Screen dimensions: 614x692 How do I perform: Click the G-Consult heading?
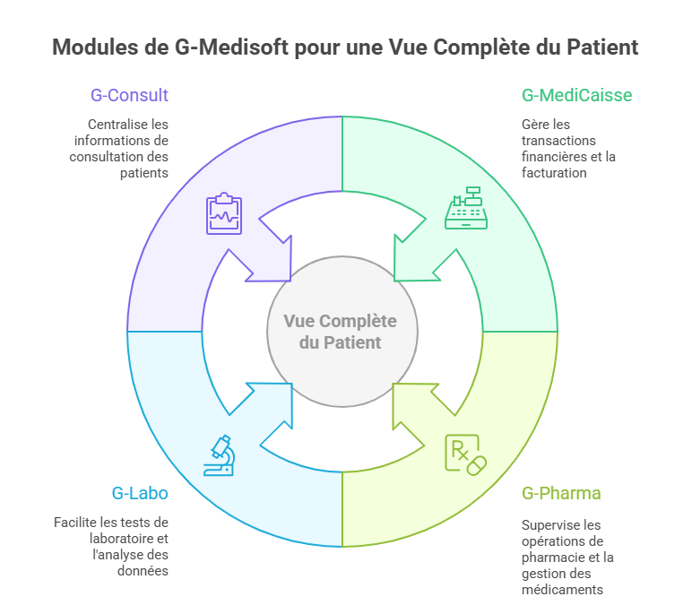[129, 95]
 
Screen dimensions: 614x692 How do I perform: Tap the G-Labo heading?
[139, 493]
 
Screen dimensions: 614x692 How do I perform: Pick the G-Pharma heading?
[561, 493]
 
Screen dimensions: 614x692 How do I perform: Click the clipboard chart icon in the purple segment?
[224, 214]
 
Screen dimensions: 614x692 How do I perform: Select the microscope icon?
[219, 454]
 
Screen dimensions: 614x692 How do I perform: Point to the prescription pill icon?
[466, 454]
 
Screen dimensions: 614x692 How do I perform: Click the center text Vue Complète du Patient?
[340, 332]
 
